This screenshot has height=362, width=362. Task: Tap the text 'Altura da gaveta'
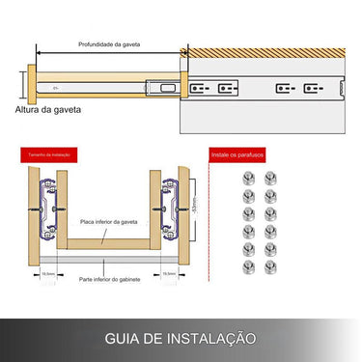pos(48,110)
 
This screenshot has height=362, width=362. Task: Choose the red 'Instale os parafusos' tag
pos(236,153)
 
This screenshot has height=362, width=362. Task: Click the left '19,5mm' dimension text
pos(48,273)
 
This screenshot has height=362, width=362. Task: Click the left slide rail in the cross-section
pos(47,207)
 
